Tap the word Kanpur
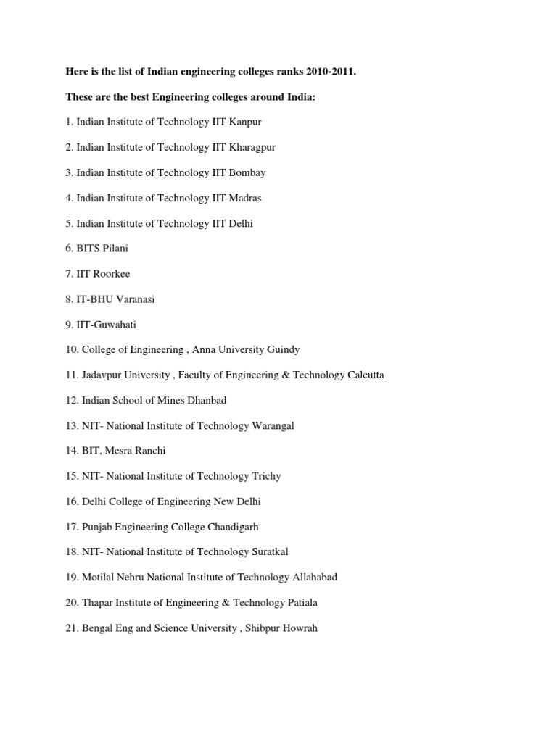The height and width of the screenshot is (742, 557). tap(245, 122)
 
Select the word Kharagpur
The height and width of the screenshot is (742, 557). tap(252, 147)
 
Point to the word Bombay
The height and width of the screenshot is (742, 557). tap(247, 172)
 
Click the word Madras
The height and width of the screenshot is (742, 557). tap(245, 198)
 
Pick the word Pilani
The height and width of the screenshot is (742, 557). tap(115, 249)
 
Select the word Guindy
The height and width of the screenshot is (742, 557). tap(283, 350)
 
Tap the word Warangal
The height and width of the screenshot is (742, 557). tap(273, 426)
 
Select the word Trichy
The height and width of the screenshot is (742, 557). tap(266, 476)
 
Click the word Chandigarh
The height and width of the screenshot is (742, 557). tap(228, 527)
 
